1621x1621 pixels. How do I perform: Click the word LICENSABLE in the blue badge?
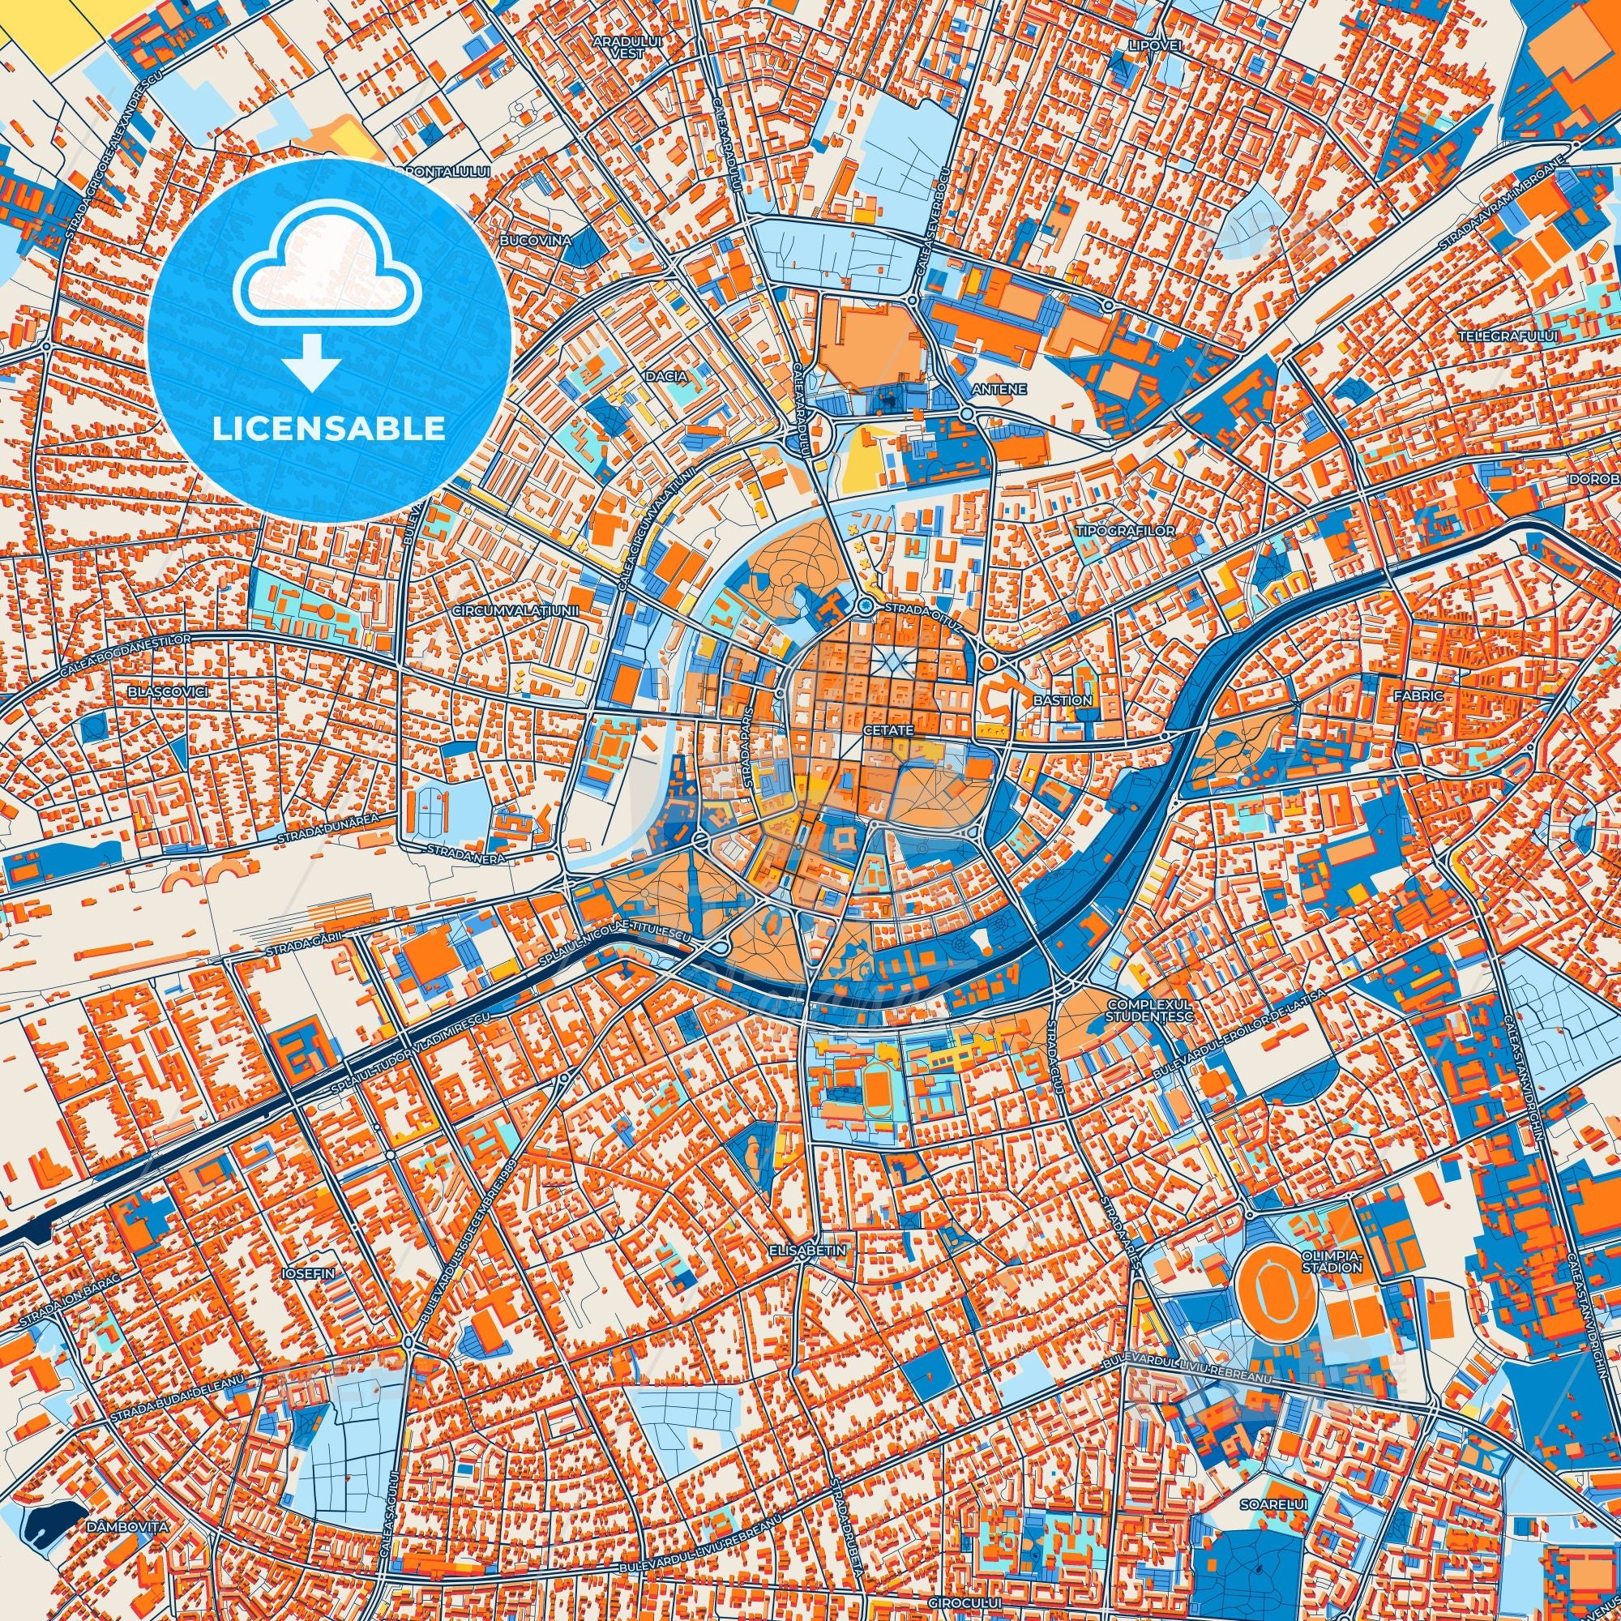[328, 429]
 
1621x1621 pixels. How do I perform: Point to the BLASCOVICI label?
[168, 691]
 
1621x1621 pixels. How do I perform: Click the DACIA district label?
[666, 378]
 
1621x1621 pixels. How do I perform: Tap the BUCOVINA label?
[534, 240]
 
